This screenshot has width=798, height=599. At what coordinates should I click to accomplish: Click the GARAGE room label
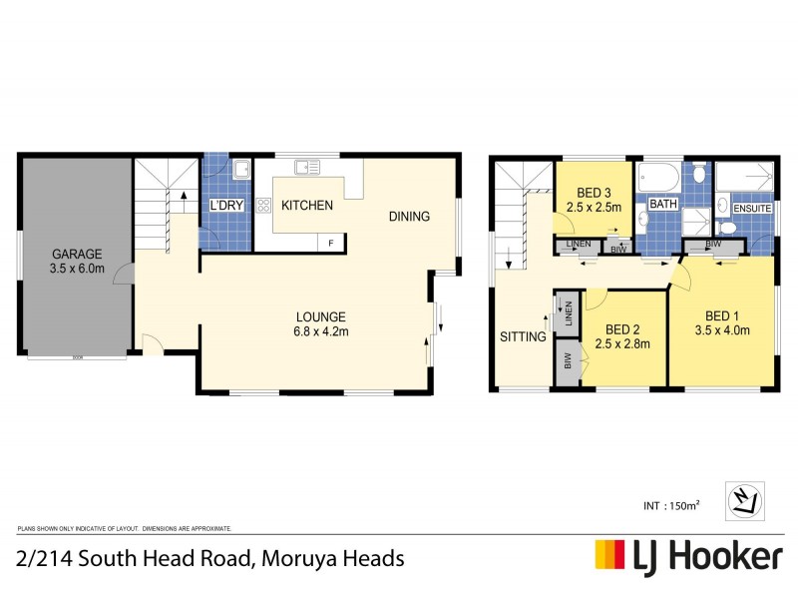[78, 254]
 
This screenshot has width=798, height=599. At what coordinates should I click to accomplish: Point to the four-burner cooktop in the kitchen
[264, 206]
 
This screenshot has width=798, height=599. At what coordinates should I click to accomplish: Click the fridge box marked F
[330, 242]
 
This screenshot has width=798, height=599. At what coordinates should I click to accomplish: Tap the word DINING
[409, 217]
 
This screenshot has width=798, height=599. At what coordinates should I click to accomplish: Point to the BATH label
[661, 205]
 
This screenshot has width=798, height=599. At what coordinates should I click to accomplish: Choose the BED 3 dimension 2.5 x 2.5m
[594, 208]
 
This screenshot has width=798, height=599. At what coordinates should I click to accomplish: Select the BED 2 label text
[621, 329]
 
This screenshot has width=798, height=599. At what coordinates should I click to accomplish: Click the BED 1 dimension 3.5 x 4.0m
[722, 331]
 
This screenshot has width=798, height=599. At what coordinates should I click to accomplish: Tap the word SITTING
[523, 337]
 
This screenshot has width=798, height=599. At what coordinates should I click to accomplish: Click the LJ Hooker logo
[688, 556]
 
